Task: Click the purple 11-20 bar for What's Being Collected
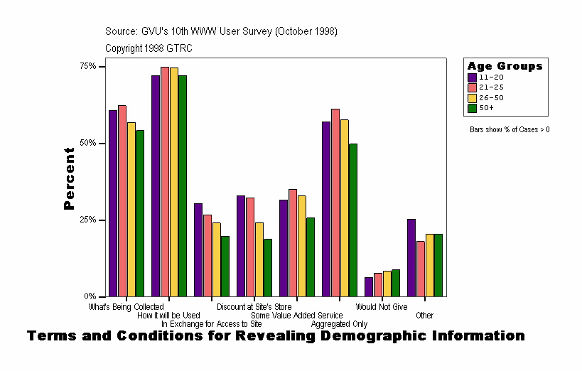113,203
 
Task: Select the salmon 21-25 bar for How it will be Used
165,182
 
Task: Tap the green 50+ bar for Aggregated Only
353,220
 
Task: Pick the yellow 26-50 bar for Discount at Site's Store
259,259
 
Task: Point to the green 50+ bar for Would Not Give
396,283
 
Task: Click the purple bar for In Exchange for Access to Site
198,250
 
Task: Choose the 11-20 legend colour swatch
472,77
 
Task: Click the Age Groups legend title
505,66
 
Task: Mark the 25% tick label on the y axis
89,220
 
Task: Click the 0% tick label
91,296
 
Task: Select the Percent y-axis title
69,178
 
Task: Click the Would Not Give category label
382,307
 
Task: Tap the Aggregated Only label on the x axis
339,324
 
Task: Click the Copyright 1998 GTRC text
149,48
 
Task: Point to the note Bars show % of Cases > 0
510,130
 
